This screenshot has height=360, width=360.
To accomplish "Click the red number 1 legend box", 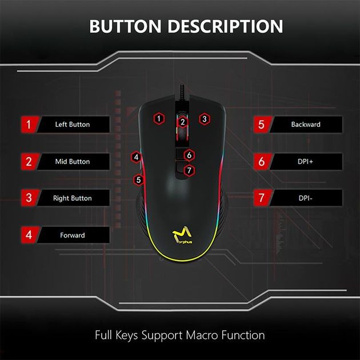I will (29, 124).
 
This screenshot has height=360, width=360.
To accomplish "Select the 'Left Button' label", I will (72, 124).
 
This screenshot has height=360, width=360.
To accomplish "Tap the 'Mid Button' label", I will (72, 162).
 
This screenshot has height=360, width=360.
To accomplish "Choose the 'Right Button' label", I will (72, 198).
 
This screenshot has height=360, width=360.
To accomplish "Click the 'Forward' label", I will (72, 235).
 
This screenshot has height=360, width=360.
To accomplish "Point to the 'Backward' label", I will (306, 124).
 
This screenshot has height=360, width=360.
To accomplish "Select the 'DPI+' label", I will (306, 162).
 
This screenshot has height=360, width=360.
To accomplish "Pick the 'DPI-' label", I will (306, 198).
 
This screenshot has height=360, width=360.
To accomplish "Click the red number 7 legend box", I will (262, 198).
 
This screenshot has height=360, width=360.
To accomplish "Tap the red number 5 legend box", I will (262, 124).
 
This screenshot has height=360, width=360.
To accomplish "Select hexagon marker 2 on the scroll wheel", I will (182, 121).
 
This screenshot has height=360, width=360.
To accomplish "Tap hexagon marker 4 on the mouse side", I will (136, 157).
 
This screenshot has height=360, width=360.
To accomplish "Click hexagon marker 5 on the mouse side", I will (138, 179).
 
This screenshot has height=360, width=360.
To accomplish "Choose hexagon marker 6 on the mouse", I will (190, 155).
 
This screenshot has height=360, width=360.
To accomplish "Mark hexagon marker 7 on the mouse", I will (190, 170).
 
